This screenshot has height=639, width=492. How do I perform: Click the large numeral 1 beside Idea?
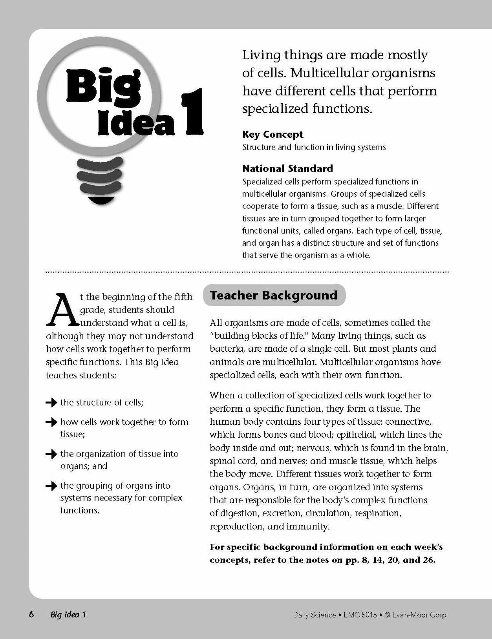point(192,112)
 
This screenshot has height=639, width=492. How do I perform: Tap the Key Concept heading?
point(273,134)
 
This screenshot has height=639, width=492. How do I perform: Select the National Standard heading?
point(287,168)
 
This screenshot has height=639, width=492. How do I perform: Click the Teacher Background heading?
point(274,295)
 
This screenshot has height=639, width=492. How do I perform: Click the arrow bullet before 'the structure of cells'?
point(51,402)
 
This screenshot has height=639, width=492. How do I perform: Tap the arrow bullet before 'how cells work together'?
point(51,422)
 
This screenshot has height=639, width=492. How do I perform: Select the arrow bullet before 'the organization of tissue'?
point(51,454)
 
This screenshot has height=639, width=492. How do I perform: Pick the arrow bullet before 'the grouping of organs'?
point(51,486)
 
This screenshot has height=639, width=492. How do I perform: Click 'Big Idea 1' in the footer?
point(68,615)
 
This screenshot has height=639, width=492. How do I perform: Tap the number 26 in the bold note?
point(428,560)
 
